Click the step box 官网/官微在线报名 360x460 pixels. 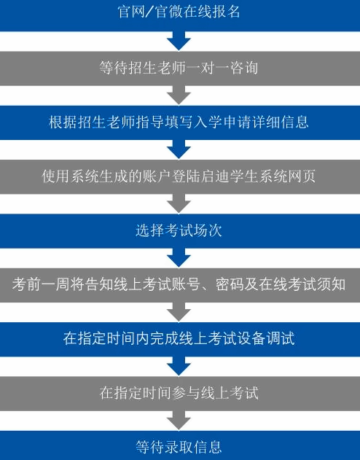tap(180, 15)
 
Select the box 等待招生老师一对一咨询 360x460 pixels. tap(180, 69)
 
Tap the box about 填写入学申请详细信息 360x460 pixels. tap(180, 122)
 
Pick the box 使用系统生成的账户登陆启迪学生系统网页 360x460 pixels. tap(180, 176)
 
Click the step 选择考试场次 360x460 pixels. tap(180, 231)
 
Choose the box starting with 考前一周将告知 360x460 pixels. tap(180, 285)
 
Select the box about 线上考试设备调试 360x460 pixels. tap(180, 340)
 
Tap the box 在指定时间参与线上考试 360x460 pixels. tap(180, 394)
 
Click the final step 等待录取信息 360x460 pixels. tap(180, 445)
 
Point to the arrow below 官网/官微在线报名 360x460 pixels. tap(179, 41)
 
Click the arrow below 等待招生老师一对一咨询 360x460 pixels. tap(179, 95)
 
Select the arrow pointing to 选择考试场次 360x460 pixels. tap(179, 203)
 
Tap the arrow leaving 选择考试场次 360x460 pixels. tap(179, 258)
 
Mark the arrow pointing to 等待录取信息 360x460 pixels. tap(179, 421)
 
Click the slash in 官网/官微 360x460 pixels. tap(150, 12)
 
